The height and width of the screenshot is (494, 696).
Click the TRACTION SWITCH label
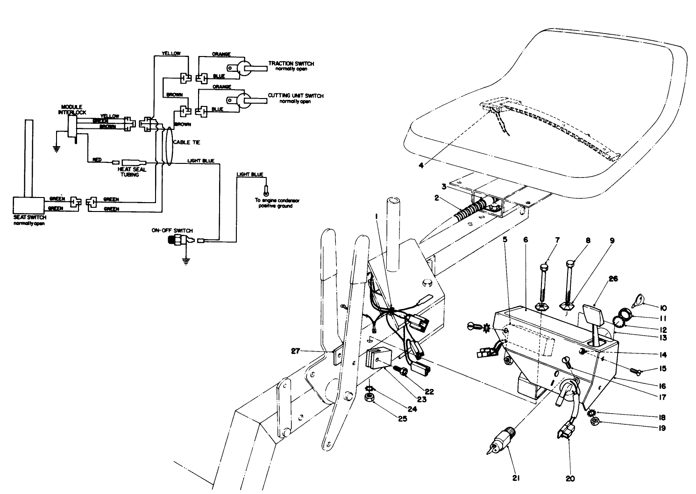coord(291,64)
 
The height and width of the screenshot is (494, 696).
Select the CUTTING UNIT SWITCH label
coord(295,96)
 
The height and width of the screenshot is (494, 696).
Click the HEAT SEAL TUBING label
coord(132,172)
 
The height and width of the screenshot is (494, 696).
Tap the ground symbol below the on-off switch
coord(186,261)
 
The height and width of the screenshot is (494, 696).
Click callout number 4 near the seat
coord(421,165)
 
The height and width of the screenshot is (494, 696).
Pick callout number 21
coord(516,477)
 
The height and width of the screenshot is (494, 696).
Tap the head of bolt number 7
coord(544,268)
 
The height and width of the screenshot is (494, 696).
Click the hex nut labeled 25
coord(369,398)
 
